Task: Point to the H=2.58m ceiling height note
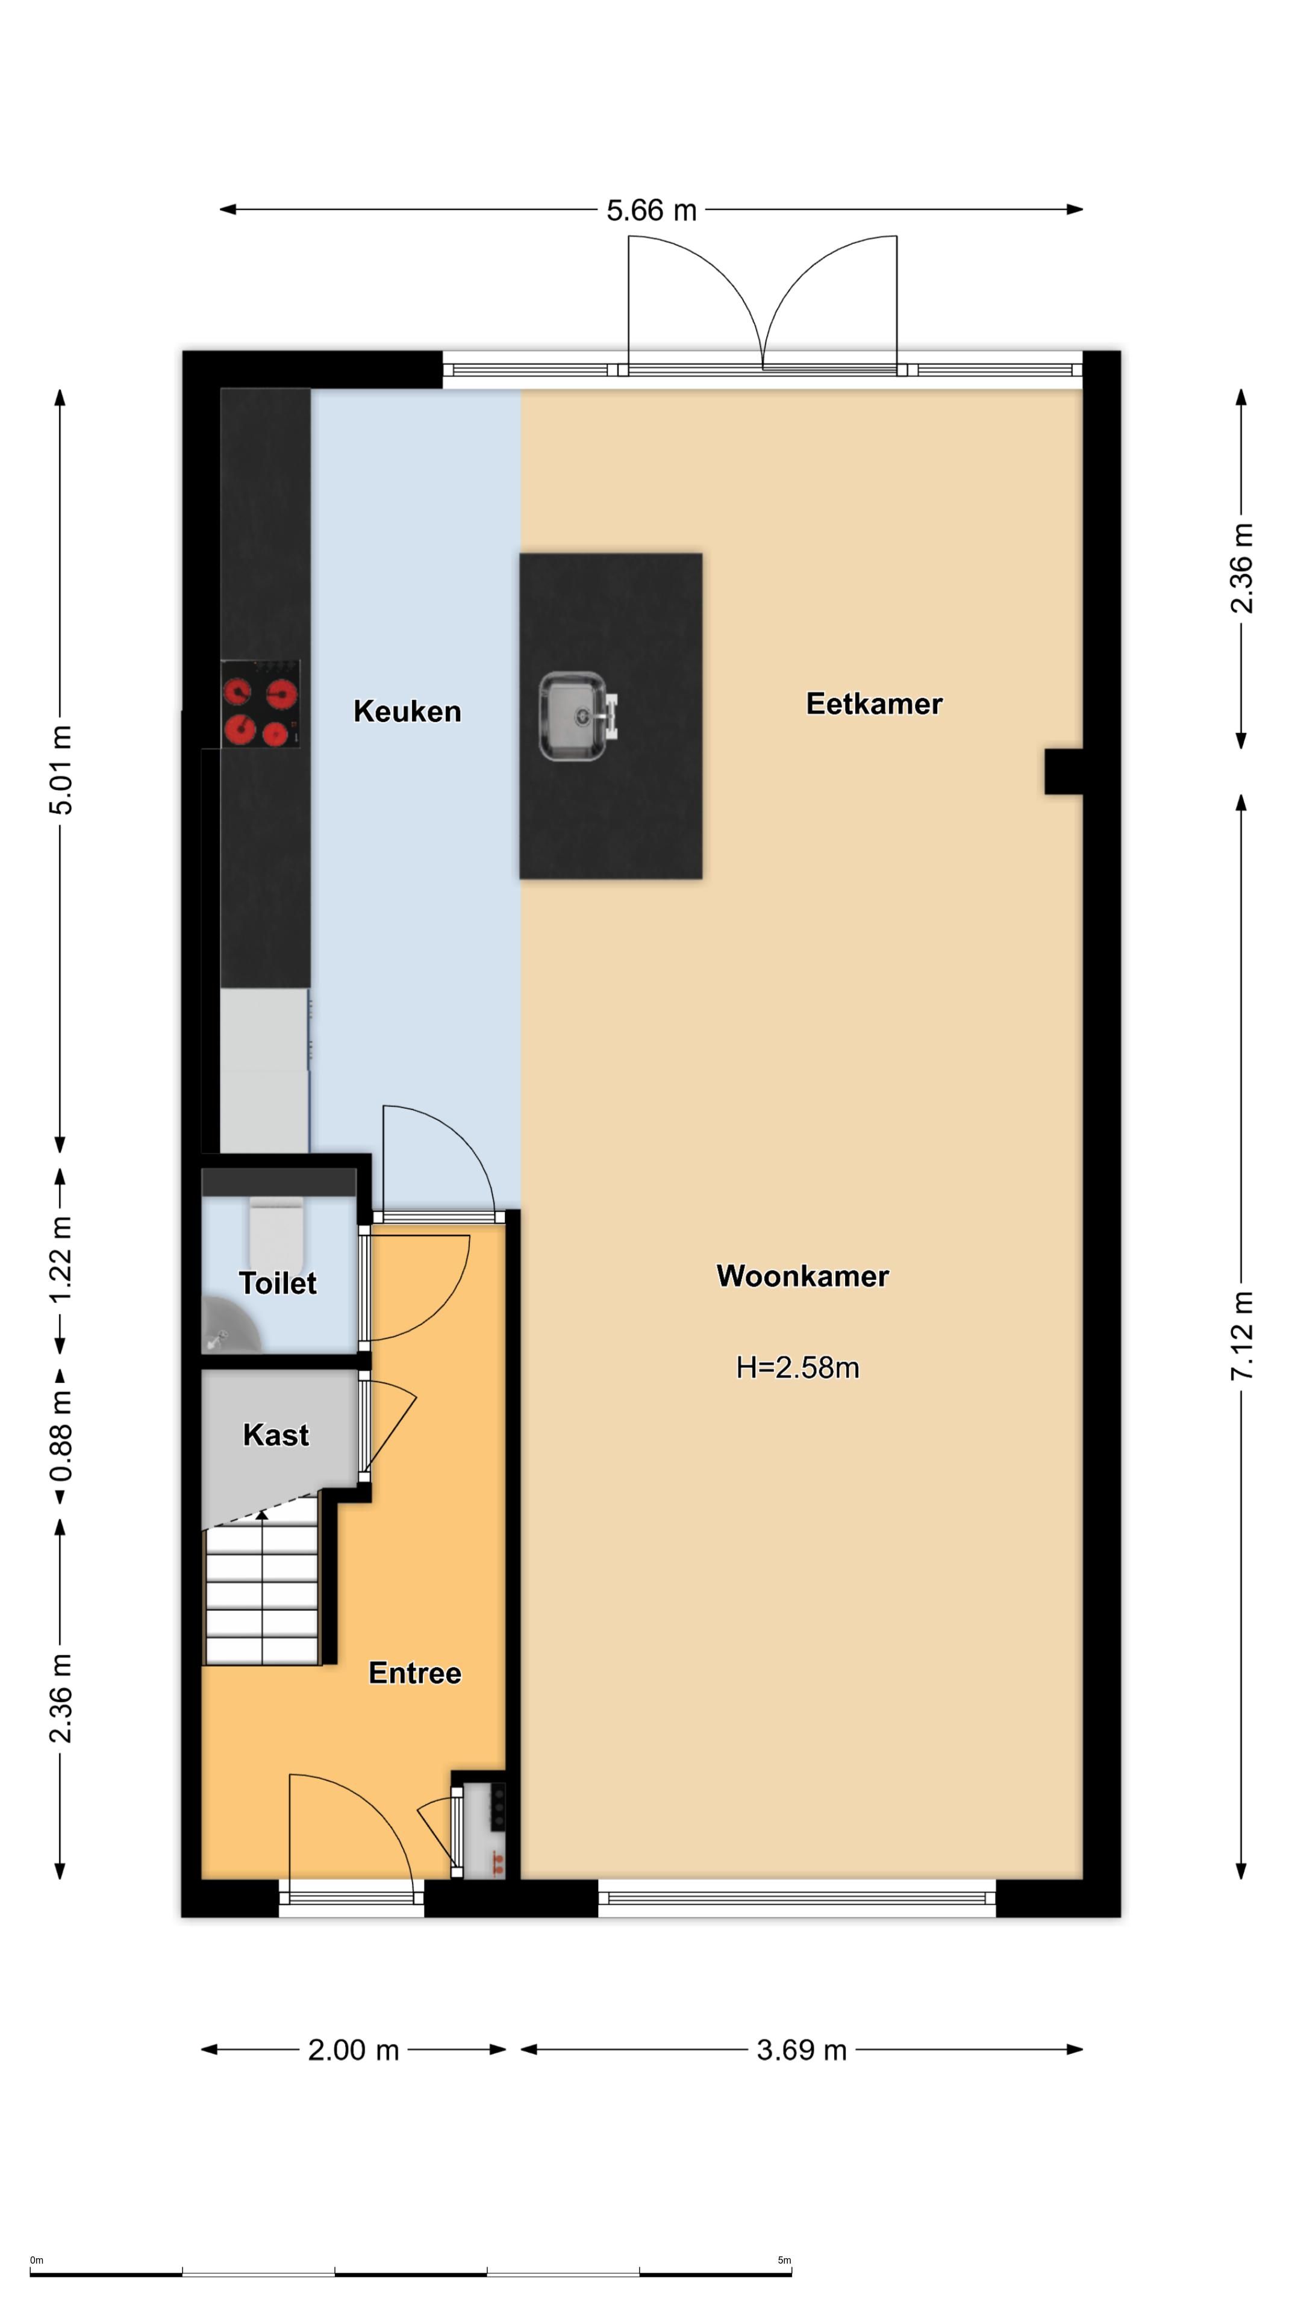point(797,1367)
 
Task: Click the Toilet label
point(278,1283)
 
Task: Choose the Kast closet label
point(276,1435)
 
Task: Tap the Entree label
point(415,1673)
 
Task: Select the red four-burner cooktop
point(260,704)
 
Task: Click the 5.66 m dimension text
point(651,210)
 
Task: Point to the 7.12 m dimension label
point(1242,1336)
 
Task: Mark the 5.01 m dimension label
point(60,770)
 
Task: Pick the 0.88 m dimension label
point(60,1434)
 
